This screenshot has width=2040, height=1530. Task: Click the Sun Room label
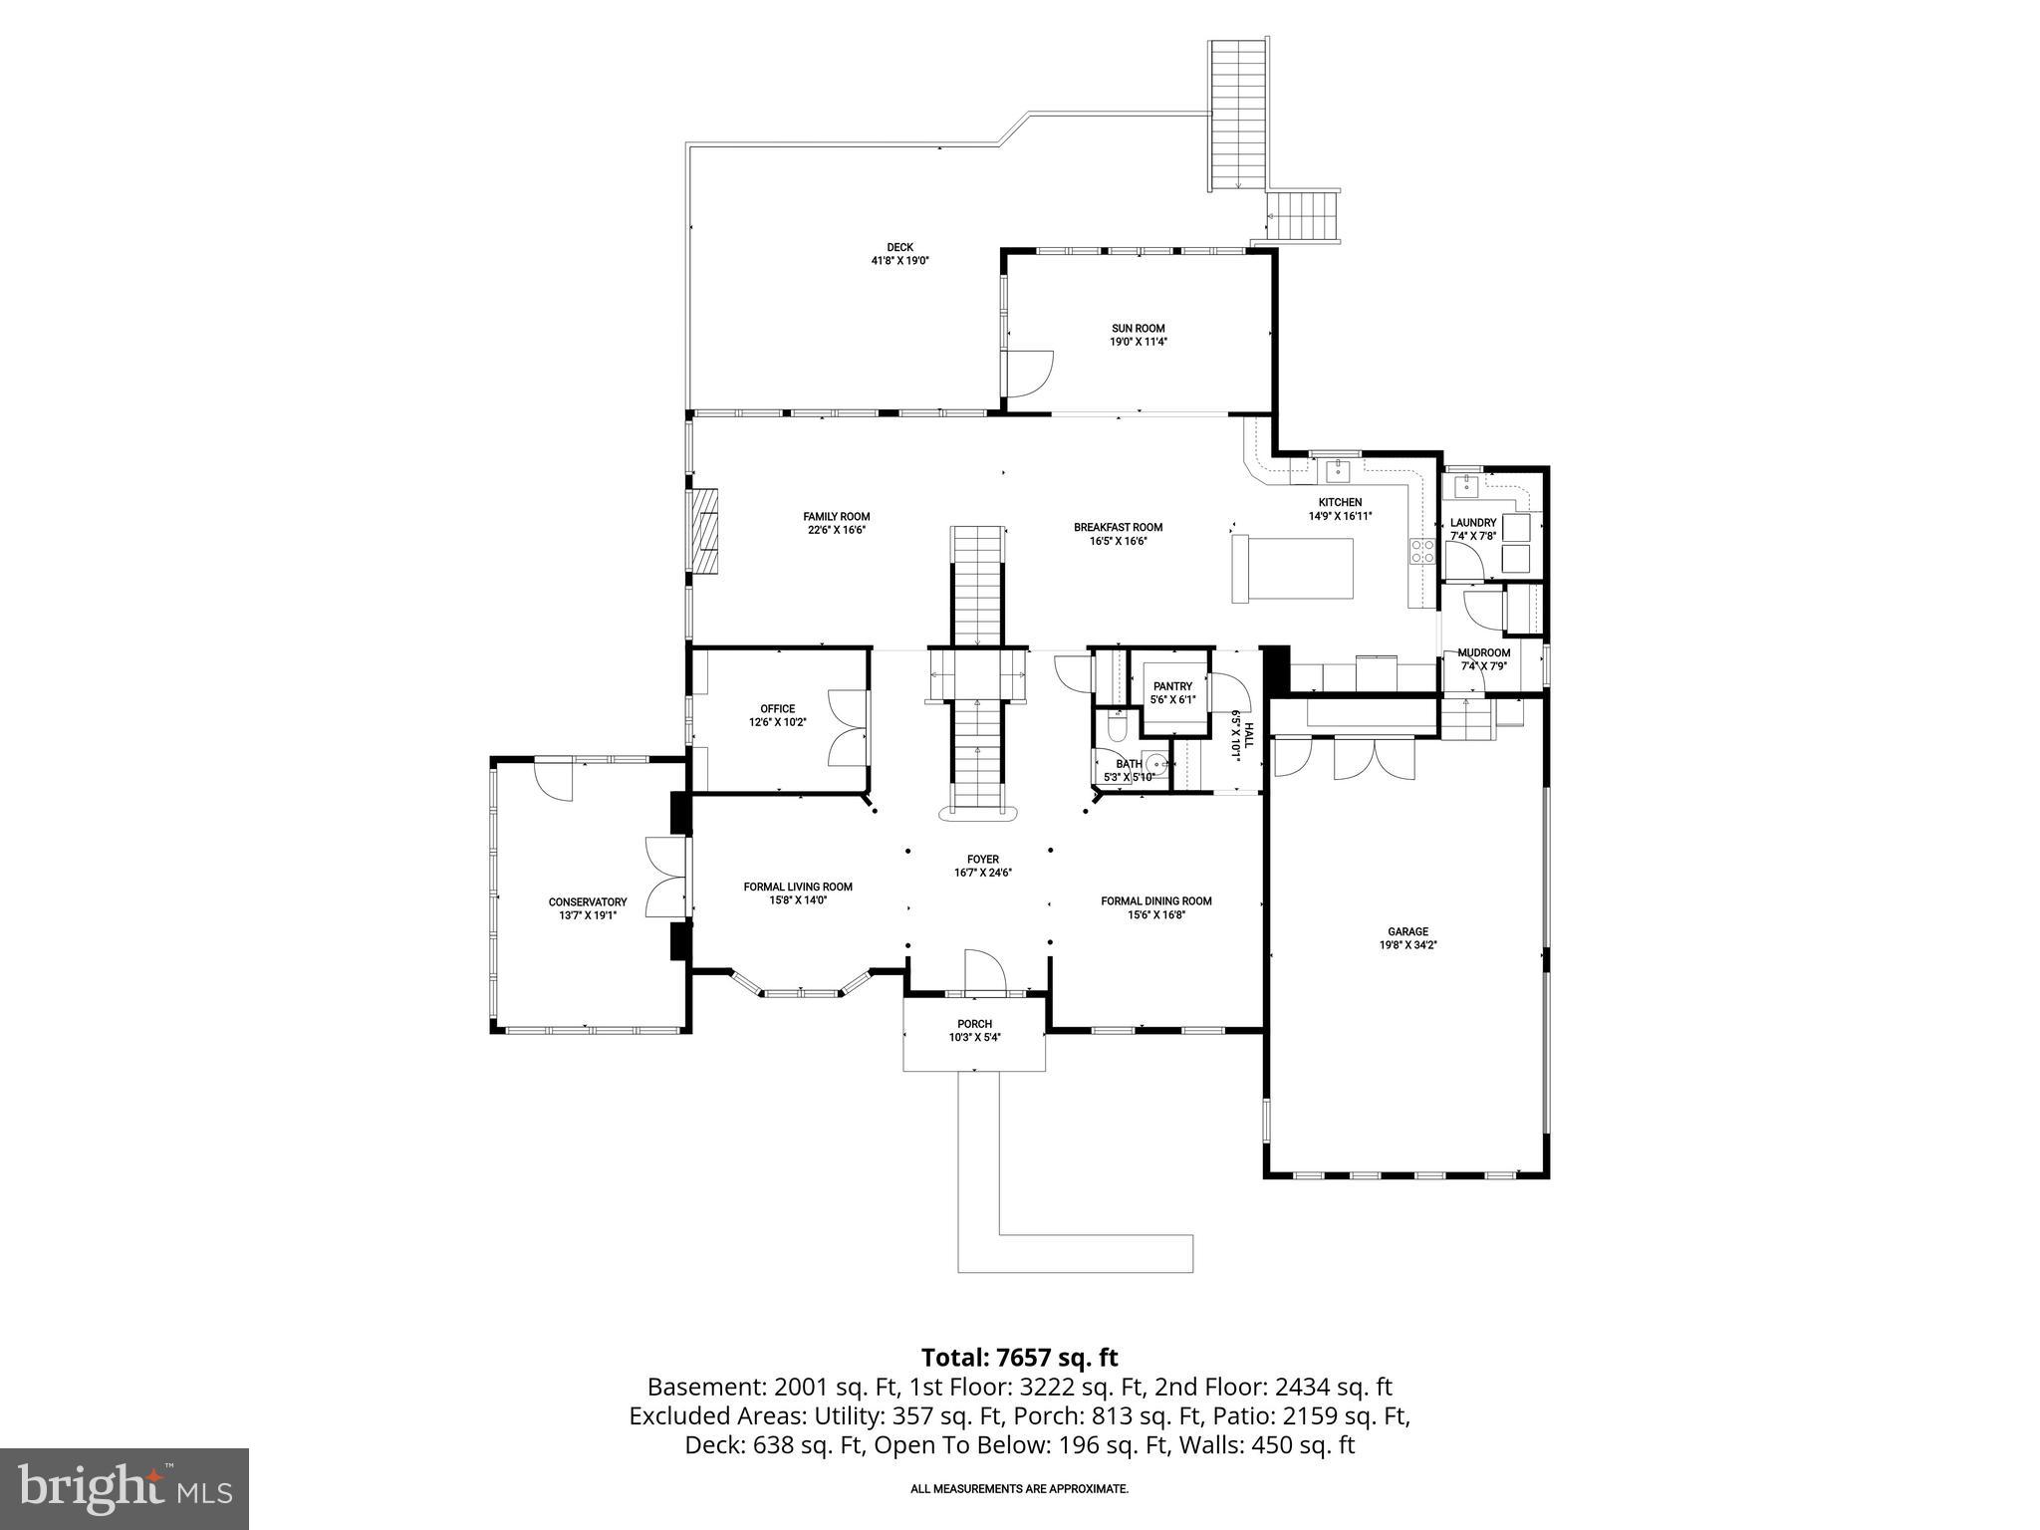1138,328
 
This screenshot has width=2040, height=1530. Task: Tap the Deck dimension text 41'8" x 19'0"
899,261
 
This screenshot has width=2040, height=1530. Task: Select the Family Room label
837,516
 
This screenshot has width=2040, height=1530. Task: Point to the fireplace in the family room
706,530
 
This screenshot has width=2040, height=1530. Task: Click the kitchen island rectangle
1293,570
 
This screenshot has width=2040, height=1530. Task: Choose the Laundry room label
1472,523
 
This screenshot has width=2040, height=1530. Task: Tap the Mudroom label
1484,653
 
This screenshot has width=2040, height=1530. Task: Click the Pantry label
1172,686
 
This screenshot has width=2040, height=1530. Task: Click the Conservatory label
588,901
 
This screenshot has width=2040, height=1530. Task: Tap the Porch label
974,1024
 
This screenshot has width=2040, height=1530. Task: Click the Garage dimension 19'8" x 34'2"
1407,945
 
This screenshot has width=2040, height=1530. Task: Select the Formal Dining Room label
1155,900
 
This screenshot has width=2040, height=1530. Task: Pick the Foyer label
982,859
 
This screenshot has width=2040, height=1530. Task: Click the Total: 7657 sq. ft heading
1019,1358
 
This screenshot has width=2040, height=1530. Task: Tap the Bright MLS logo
125,1488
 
